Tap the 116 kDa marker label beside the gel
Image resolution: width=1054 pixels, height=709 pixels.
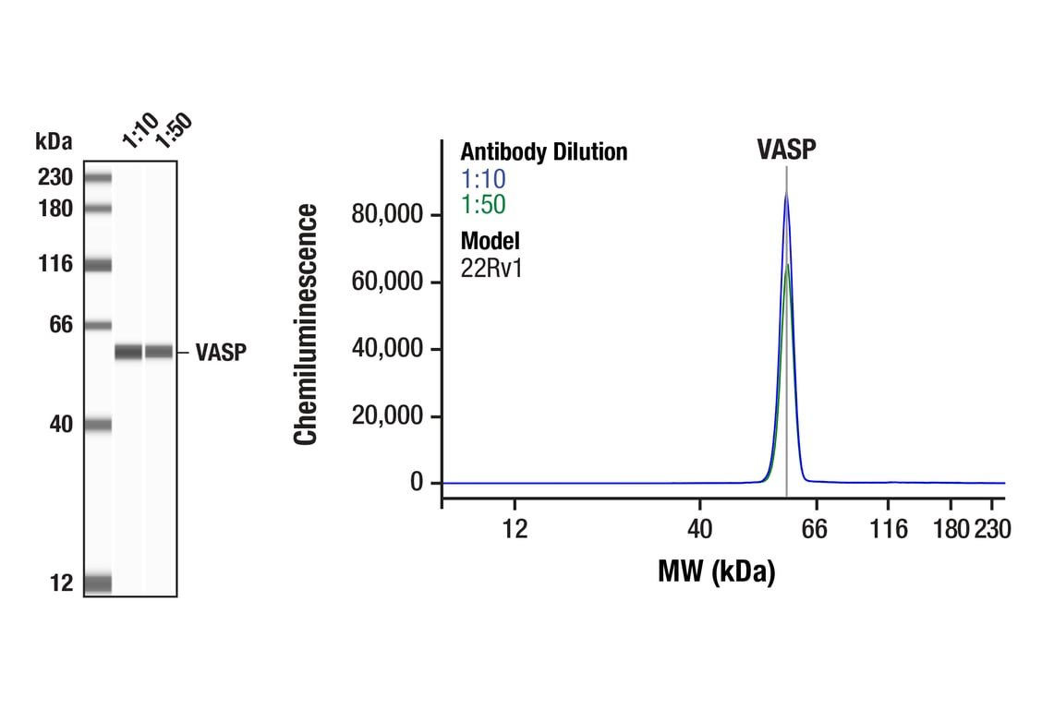click(55, 265)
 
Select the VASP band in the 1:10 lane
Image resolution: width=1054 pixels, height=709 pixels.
click(128, 352)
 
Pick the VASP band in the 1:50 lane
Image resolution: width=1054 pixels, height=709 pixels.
click(159, 352)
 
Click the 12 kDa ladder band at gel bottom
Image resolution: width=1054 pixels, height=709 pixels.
click(98, 583)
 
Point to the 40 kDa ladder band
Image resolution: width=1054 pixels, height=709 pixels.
click(98, 425)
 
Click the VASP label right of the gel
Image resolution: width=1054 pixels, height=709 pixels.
click(221, 353)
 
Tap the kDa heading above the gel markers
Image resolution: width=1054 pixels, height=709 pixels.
click(54, 141)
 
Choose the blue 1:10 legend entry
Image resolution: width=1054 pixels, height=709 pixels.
click(483, 178)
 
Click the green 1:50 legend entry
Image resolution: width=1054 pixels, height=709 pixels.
click(483, 205)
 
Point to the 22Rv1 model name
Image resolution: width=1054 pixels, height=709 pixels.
click(491, 269)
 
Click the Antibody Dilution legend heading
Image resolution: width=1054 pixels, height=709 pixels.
click(544, 151)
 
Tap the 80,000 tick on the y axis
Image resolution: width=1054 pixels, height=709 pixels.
click(388, 215)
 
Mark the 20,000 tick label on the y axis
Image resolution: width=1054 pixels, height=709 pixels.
click(388, 416)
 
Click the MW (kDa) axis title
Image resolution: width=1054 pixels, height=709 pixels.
click(716, 571)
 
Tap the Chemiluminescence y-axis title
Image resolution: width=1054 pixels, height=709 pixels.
click(307, 325)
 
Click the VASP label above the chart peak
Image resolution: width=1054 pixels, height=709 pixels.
click(786, 150)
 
